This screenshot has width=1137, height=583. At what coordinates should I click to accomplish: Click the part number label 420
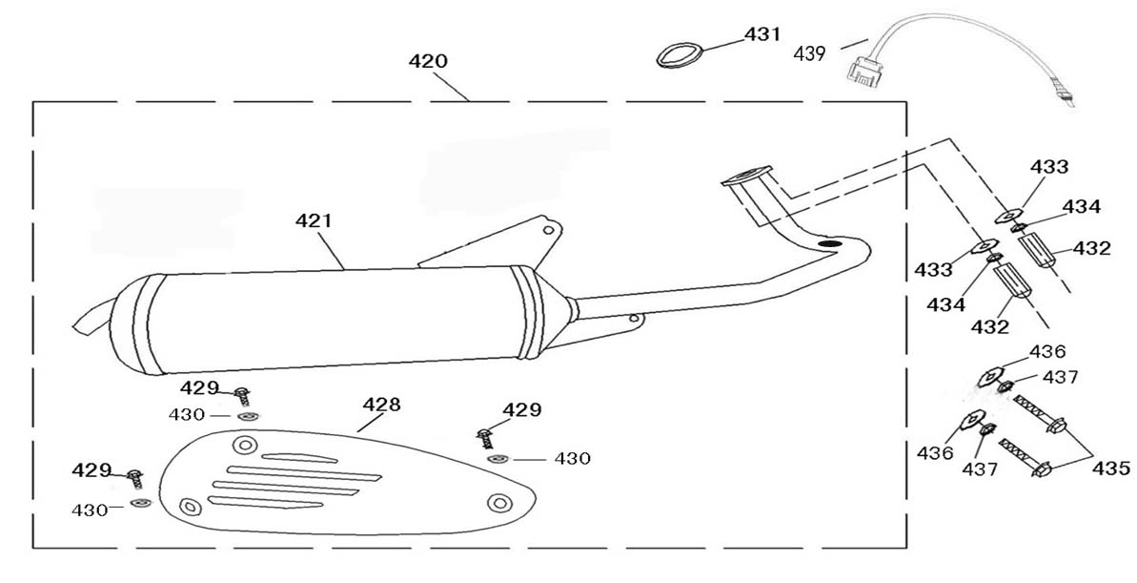point(428,61)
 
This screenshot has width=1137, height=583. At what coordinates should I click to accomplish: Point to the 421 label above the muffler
point(314,220)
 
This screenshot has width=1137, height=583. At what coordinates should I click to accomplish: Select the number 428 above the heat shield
point(381,404)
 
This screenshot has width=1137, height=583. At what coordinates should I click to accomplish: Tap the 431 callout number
point(762,34)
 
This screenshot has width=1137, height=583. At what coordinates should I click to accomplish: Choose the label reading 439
point(809,53)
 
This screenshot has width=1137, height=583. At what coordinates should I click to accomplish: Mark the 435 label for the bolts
point(1110,468)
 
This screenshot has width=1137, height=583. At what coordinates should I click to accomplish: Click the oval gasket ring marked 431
point(676,54)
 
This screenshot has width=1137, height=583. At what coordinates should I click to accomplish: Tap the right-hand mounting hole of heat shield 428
point(497,502)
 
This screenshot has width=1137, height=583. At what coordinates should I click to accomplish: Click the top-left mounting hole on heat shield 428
point(245,445)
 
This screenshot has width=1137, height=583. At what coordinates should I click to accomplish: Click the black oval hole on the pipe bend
point(831,245)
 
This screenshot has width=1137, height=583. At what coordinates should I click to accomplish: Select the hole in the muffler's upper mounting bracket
point(547,229)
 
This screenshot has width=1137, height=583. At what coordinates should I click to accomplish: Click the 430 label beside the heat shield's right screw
point(572,459)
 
